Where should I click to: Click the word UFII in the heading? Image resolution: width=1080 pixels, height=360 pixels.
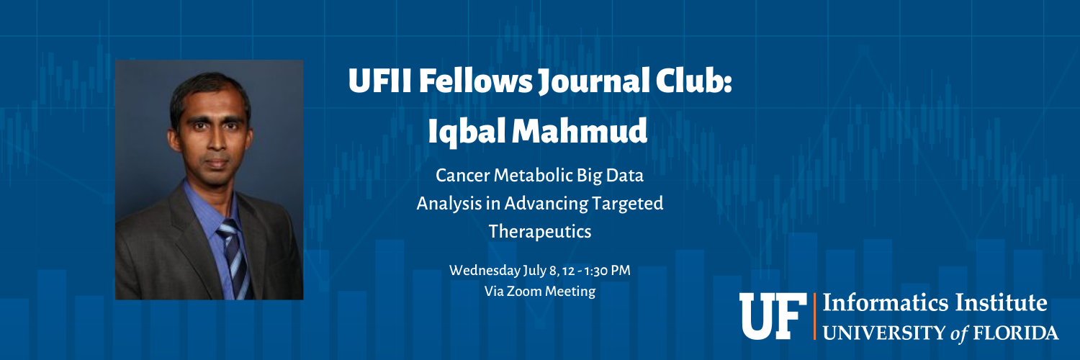380,81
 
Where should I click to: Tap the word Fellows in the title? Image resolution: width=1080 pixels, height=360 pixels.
475,81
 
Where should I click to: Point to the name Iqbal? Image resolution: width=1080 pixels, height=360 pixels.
465,132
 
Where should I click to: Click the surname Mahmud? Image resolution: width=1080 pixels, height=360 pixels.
579,131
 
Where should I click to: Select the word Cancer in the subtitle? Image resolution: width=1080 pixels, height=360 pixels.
463,176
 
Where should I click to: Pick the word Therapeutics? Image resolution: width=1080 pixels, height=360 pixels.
540,232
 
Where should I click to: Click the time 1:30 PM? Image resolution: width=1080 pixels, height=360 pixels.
607,271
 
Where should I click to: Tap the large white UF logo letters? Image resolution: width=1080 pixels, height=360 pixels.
773,316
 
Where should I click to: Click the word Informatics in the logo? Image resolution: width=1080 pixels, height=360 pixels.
886,303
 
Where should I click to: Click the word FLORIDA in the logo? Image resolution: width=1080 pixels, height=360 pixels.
1016,333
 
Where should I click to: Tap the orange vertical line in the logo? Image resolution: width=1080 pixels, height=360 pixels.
814,316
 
